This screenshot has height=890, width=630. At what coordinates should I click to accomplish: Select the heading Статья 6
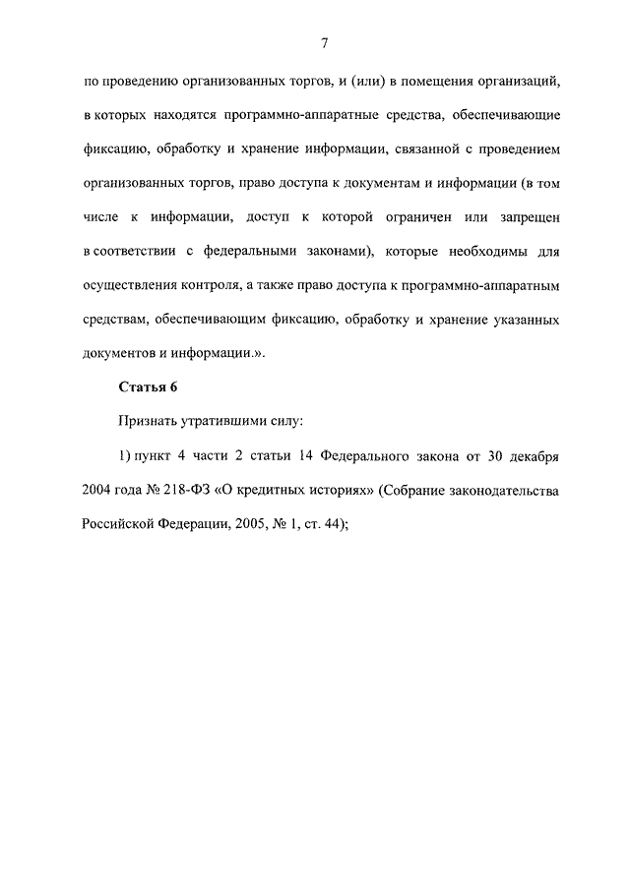(x=147, y=386)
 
